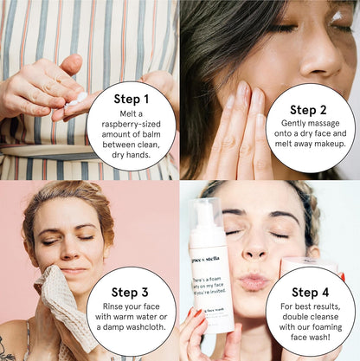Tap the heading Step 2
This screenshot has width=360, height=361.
point(310,110)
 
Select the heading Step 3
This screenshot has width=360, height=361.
point(131,293)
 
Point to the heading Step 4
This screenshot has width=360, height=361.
point(310,293)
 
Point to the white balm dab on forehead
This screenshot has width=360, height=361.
point(334,15)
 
